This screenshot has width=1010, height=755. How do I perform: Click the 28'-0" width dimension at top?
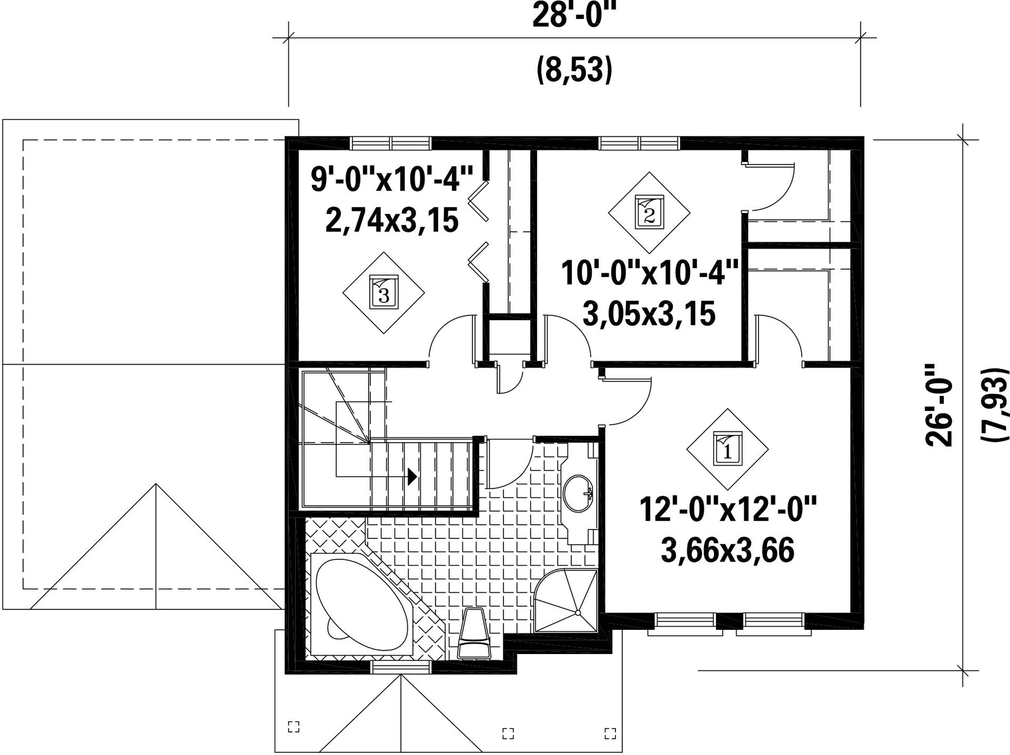coord(570,15)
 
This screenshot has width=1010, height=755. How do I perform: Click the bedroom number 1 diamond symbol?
coord(727,449)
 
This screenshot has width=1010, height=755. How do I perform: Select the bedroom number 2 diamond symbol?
coord(649,213)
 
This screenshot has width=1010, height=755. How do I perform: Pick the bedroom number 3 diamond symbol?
coord(384,292)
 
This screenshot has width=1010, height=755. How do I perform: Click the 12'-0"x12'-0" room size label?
coord(728,509)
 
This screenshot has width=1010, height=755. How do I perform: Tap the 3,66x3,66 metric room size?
coord(728,550)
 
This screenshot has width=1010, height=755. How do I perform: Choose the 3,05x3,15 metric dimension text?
coord(649,313)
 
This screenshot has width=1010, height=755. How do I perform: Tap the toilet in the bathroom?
coord(474,633)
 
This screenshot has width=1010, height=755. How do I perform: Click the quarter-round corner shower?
coord(566,600)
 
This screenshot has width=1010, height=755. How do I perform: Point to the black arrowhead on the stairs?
coord(412,477)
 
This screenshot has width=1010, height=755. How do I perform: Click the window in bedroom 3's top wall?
coord(391,143)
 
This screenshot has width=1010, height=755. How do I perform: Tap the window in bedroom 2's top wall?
coord(640,143)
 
